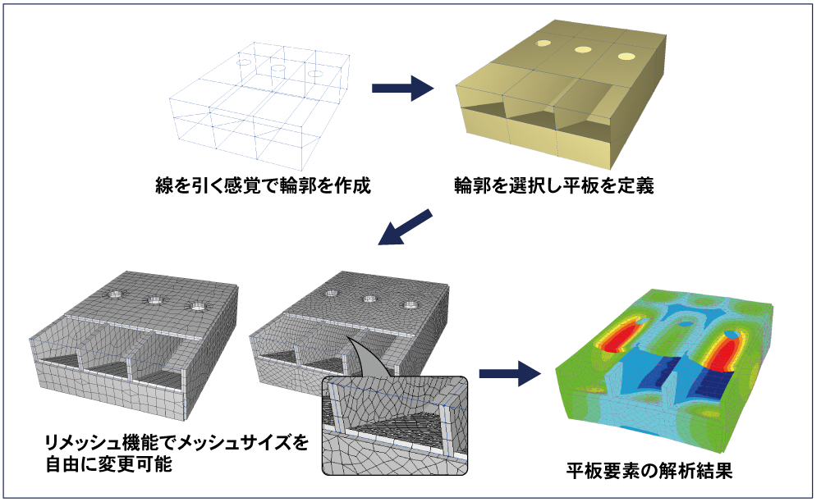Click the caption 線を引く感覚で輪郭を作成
[x=263, y=185]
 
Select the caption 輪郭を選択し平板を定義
[x=554, y=185]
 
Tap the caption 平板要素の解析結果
[x=649, y=471]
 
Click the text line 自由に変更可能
[x=109, y=463]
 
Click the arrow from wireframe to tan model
[x=402, y=88]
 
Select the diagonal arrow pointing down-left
[x=406, y=227]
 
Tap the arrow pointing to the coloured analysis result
[x=510, y=373]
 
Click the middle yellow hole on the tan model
[x=582, y=50]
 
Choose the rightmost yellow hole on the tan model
[x=626, y=57]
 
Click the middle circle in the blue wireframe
[x=277, y=68]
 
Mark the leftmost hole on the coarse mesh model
[x=115, y=294]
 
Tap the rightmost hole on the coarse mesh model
[x=197, y=307]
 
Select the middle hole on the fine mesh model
[x=370, y=299]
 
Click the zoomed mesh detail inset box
[x=395, y=425]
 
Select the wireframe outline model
[x=259, y=105]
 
